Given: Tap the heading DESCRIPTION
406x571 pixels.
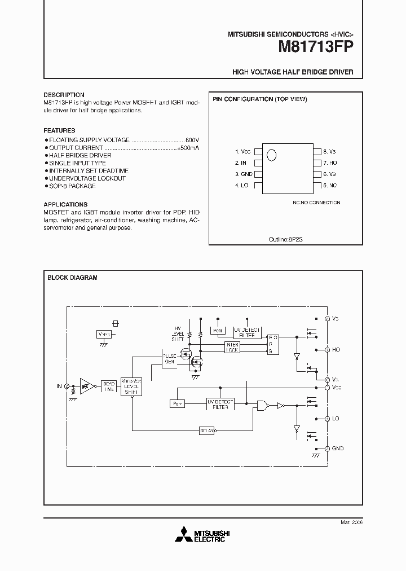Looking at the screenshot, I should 64,95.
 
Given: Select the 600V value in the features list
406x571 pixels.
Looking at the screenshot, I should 192,139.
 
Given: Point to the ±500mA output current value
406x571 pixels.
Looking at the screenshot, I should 188,147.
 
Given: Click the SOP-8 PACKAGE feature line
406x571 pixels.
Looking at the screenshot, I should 72,186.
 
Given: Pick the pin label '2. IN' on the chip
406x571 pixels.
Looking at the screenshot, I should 241,163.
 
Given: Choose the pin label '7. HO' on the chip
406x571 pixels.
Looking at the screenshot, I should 330,163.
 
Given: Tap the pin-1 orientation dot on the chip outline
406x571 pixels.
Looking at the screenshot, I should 272,155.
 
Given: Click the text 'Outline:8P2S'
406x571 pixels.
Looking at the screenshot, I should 285,239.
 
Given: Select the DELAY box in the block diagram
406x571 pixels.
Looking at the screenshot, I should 207,431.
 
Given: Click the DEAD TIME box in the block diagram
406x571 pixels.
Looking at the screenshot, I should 108,386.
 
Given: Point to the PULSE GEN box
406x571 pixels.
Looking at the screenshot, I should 169,359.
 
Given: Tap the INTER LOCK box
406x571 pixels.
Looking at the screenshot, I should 232,347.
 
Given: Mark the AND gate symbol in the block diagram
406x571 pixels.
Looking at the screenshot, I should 262,405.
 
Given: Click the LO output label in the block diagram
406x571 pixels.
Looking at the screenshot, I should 336,419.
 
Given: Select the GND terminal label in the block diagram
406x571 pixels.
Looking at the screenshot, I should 338,449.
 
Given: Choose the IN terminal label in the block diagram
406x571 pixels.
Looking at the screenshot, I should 59,386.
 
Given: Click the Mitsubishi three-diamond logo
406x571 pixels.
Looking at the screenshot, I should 183,535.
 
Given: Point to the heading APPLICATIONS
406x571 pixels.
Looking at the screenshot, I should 65,204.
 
